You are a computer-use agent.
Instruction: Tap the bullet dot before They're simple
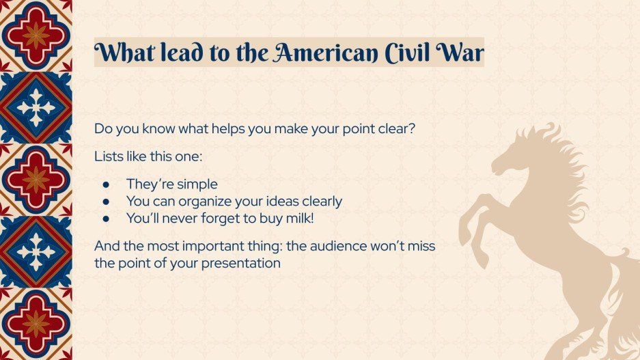106,184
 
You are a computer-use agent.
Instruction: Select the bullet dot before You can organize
106,202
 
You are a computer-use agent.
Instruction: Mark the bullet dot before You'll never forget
106,219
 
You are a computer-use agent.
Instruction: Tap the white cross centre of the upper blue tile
35,108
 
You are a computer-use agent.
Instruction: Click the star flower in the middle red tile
35,180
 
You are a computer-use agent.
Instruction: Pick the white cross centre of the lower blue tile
35,251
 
